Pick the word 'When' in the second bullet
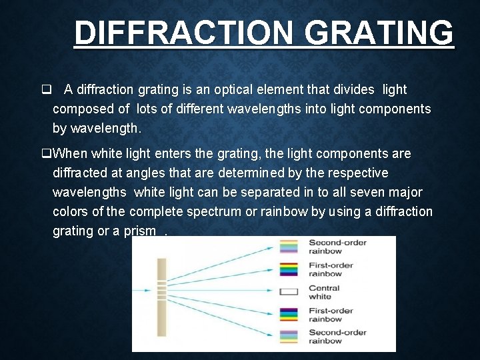coord(69,154)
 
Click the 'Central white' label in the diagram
coord(325,292)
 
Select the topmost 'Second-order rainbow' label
coord(337,247)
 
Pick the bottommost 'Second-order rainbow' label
coord(337,337)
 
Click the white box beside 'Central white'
coord(289,292)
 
